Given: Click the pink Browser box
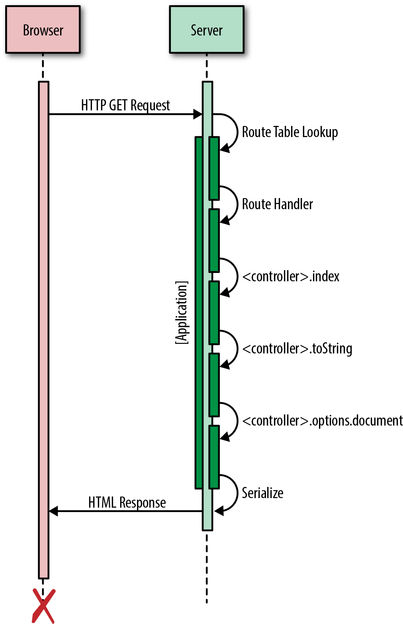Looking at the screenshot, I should pyautogui.click(x=43, y=30).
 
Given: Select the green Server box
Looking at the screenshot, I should pyautogui.click(x=206, y=30).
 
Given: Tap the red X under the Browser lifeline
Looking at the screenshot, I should pyautogui.click(x=43, y=606).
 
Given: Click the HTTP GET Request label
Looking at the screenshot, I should pyautogui.click(x=125, y=105).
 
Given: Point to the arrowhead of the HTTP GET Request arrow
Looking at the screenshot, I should pyautogui.click(x=198, y=114).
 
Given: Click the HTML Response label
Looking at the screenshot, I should pyautogui.click(x=127, y=502).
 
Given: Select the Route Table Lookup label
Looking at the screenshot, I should pyautogui.click(x=290, y=132).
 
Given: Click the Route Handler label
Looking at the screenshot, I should pyautogui.click(x=278, y=204).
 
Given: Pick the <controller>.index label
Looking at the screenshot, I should pyautogui.click(x=291, y=276).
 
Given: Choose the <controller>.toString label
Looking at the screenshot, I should pyautogui.click(x=297, y=349).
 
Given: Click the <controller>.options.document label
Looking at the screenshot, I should pyautogui.click(x=323, y=421).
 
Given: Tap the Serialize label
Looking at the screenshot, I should pyautogui.click(x=262, y=493).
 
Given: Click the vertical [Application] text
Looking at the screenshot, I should pyautogui.click(x=182, y=313).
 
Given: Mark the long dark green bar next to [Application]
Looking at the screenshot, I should pyautogui.click(x=199, y=313).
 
